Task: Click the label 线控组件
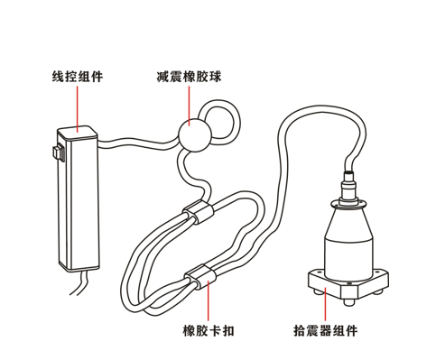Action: (x=78, y=77)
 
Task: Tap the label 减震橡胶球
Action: (x=189, y=77)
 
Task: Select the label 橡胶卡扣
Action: (x=209, y=330)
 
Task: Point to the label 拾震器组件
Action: (x=326, y=330)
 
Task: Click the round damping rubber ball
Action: (x=194, y=135)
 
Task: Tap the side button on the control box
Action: (x=58, y=153)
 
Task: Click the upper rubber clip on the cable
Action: (x=199, y=212)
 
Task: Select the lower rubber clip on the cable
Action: (x=200, y=276)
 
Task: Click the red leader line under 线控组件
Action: (x=78, y=109)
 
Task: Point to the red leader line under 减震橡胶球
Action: (x=190, y=106)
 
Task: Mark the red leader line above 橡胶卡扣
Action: (x=208, y=300)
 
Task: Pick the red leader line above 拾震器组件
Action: (x=325, y=304)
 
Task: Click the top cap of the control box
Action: (x=78, y=134)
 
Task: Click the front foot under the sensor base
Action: (x=348, y=302)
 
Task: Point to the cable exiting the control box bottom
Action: (x=79, y=282)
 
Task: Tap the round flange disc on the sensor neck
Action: (x=348, y=205)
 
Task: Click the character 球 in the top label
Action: (x=215, y=77)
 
